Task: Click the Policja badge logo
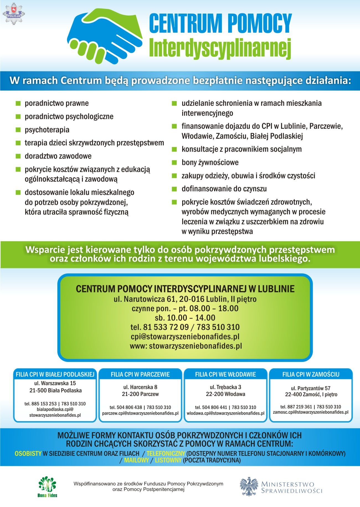click(x=14, y=13)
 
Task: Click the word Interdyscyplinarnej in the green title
click(x=220, y=48)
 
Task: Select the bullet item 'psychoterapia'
click(x=47, y=130)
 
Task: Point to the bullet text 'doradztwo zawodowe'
click(x=58, y=156)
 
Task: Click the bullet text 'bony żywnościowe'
click(x=210, y=162)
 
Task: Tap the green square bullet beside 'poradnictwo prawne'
click(x=18, y=104)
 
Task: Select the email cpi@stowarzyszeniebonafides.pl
click(x=185, y=336)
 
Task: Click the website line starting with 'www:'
click(x=186, y=346)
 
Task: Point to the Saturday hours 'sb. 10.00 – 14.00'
click(x=185, y=318)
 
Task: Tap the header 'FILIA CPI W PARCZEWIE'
click(x=140, y=374)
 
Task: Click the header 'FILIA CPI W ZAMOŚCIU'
click(x=311, y=374)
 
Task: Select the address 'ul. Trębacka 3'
click(x=225, y=387)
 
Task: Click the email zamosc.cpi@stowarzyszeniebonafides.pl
click(x=311, y=412)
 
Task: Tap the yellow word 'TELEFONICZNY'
click(x=166, y=454)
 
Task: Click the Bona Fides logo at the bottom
click(x=47, y=486)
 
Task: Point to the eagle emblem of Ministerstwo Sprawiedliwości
click(x=249, y=486)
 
